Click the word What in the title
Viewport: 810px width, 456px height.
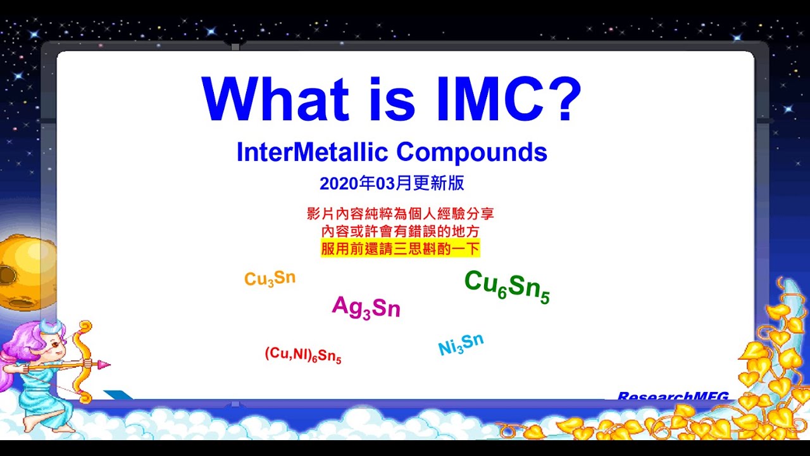275,100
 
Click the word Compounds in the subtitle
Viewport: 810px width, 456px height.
471,153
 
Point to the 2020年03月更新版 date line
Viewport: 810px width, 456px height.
392,184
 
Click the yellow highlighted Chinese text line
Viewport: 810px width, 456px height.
400,248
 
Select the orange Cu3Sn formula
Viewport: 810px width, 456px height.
270,279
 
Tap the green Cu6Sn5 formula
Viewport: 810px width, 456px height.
507,286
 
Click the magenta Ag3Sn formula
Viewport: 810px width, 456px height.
366,307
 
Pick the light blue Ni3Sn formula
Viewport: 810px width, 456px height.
461,345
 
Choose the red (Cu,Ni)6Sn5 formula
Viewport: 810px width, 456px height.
302,355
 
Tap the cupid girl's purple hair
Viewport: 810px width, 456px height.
19,351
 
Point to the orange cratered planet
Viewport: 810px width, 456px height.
16,272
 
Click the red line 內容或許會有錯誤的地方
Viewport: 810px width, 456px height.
400,231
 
